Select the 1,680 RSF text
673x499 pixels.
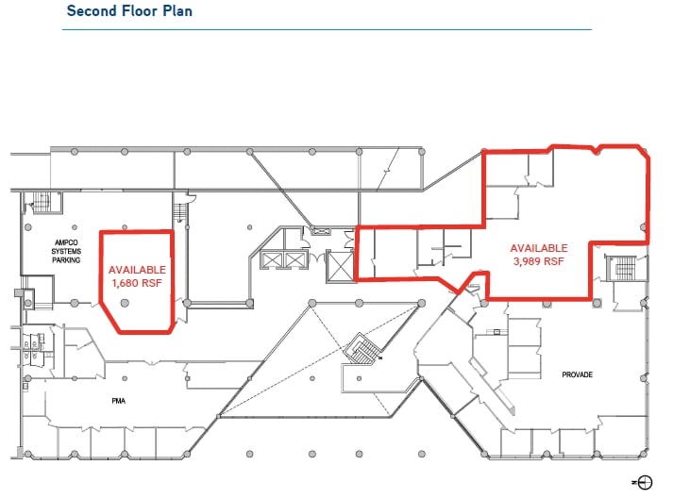point(137,282)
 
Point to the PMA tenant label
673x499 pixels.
point(118,400)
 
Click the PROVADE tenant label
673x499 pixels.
point(577,374)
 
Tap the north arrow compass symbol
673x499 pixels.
point(646,482)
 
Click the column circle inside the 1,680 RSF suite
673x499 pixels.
point(126,302)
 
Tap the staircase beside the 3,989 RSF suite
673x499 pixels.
point(624,269)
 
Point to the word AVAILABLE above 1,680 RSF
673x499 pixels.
point(137,269)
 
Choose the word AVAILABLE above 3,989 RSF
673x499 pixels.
point(539,248)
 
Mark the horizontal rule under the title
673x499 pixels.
point(326,29)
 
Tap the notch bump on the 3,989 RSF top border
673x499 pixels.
point(596,147)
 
